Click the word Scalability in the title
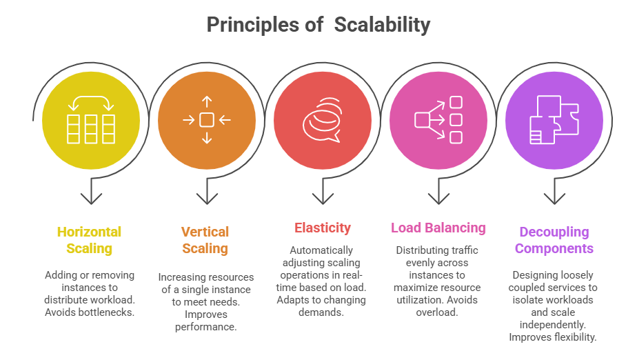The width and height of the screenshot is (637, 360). pyautogui.click(x=382, y=25)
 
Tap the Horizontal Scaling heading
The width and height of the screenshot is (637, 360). pyautogui.click(x=90, y=240)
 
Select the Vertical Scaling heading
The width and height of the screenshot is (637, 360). pyautogui.click(x=205, y=240)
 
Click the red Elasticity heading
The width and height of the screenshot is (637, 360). pyautogui.click(x=322, y=228)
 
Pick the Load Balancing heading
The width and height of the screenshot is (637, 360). pyautogui.click(x=438, y=228)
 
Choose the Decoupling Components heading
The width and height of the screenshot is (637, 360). pyautogui.click(x=554, y=240)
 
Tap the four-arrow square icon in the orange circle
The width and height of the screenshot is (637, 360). pyautogui.click(x=206, y=120)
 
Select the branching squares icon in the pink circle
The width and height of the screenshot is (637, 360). pyautogui.click(x=438, y=120)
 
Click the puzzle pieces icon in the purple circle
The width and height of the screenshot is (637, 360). pyautogui.click(x=554, y=120)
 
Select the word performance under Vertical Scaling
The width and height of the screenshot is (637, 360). pyautogui.click(x=206, y=327)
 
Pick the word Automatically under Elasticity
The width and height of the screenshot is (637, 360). pyautogui.click(x=321, y=250)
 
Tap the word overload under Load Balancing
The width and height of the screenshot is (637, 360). pyautogui.click(x=438, y=312)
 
